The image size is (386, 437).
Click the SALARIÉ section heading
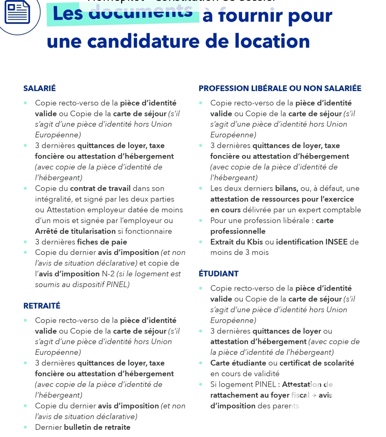click(x=40, y=88)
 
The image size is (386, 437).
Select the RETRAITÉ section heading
click(x=42, y=306)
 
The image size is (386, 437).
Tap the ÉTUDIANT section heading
click(x=218, y=273)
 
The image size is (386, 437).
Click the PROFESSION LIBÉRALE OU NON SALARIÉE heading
click(x=280, y=88)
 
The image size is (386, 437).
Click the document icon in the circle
click(x=17, y=13)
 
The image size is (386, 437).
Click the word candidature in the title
click(x=143, y=41)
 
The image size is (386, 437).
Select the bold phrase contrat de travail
click(x=100, y=188)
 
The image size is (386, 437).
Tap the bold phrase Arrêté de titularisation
click(x=75, y=231)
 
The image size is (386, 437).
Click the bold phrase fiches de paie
click(x=102, y=242)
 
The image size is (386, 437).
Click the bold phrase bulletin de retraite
click(x=97, y=427)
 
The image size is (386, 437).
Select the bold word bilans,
click(x=287, y=188)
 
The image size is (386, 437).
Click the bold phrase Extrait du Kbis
click(x=237, y=242)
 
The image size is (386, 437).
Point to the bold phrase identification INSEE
click(x=312, y=242)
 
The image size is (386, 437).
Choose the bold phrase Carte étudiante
click(x=238, y=363)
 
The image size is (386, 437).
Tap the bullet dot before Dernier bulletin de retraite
click(x=25, y=427)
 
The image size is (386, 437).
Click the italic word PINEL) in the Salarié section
click(x=118, y=284)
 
